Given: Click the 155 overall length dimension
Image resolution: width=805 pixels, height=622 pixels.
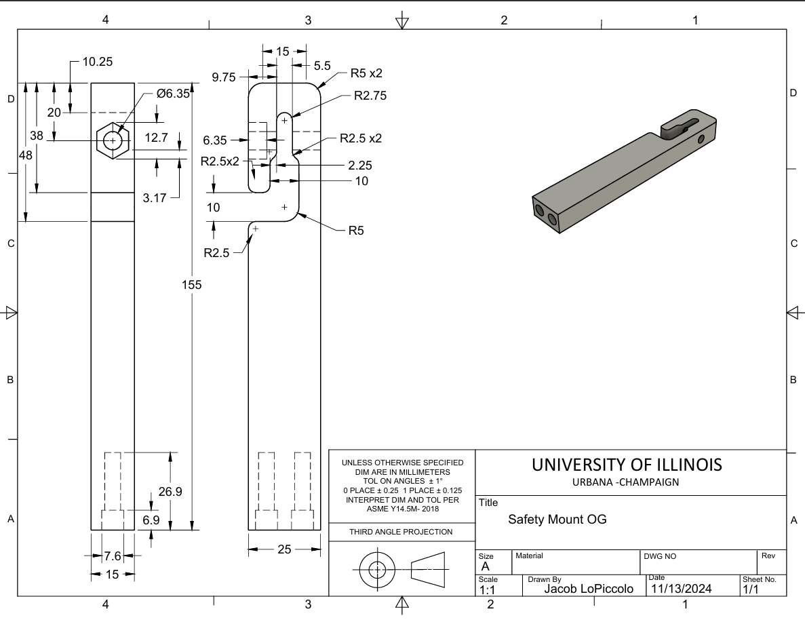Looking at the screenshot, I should (x=192, y=285).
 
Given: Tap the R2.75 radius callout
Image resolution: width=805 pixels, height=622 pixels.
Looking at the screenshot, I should (x=370, y=96).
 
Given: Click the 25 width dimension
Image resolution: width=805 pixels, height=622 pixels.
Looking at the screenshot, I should (x=284, y=549).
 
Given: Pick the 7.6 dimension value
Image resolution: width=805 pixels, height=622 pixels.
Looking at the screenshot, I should (x=113, y=556).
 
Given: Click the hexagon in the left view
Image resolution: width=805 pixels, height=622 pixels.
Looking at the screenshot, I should (x=113, y=140).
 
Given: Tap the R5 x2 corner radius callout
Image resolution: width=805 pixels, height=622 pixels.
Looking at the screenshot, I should (x=366, y=73).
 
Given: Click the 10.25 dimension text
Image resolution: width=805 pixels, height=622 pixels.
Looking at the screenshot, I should (x=98, y=62).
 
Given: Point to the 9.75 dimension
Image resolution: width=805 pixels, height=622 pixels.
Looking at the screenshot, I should (x=224, y=77).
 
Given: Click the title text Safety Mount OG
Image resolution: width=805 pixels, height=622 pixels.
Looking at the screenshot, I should (x=557, y=520).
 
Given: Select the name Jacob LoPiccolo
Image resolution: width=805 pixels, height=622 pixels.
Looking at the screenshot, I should (x=589, y=589).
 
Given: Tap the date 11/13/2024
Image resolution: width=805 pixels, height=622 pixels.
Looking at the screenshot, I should (x=681, y=589).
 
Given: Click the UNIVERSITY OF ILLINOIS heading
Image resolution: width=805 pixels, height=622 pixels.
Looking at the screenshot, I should (x=627, y=465).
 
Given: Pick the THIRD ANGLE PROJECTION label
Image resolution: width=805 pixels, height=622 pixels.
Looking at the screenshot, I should (x=401, y=532).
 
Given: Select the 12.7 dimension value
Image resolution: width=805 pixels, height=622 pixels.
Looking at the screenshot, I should (x=156, y=138).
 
